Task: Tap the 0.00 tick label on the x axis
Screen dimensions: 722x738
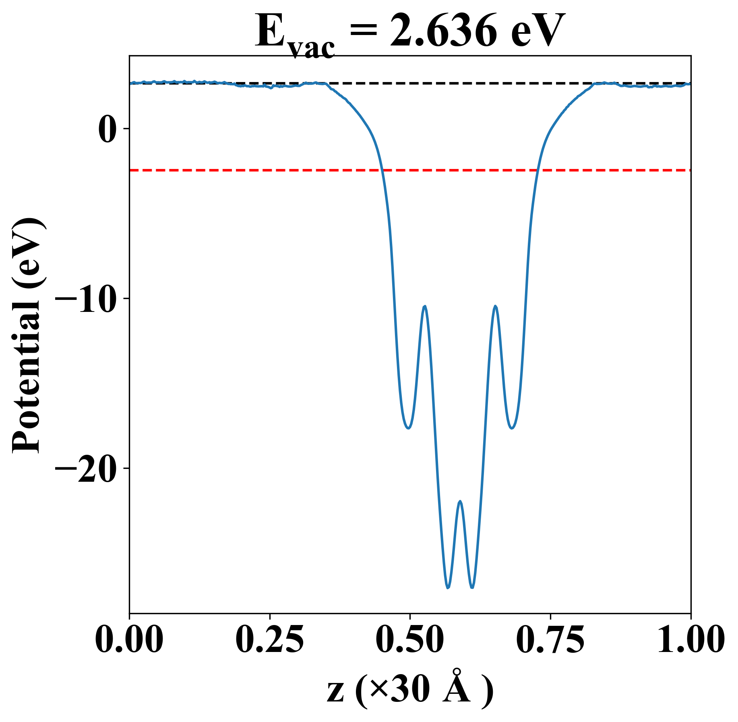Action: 129,639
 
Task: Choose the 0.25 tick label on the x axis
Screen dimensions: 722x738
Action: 269,639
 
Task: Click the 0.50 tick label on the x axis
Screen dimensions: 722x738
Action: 410,639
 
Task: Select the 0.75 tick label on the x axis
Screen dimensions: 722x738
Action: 550,639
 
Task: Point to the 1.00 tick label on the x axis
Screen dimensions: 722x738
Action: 690,639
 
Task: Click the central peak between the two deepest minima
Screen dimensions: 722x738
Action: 460,501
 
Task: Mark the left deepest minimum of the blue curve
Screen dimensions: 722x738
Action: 448,588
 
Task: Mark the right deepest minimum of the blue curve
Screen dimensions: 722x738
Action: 472,588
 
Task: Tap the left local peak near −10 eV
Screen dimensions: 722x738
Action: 424,306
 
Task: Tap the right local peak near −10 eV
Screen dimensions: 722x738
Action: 495,306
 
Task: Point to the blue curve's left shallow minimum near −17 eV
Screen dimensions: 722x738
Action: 408,428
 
